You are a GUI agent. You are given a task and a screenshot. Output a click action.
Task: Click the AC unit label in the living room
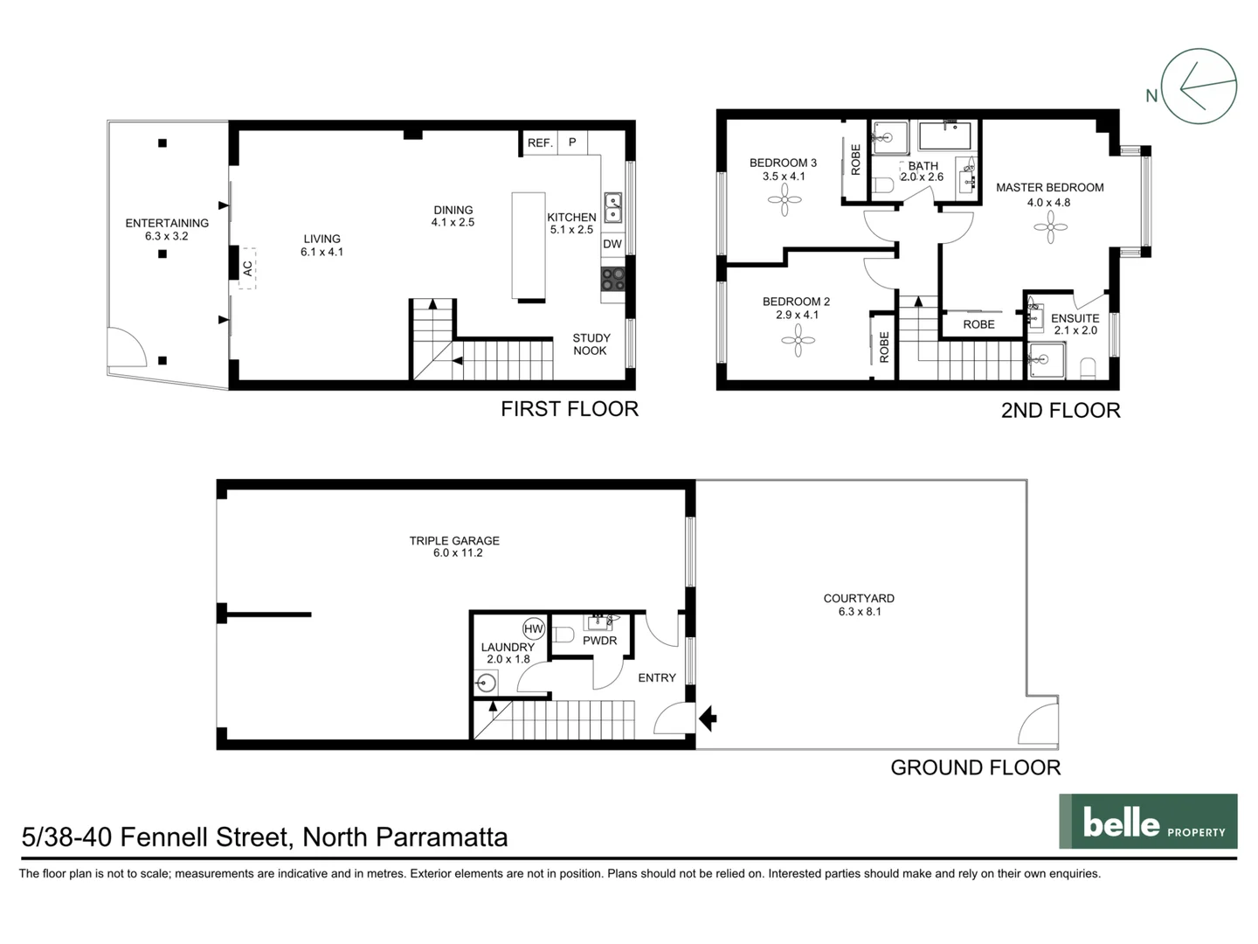pyautogui.click(x=247, y=268)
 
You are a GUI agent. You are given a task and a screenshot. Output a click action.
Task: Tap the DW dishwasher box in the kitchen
pyautogui.click(x=612, y=244)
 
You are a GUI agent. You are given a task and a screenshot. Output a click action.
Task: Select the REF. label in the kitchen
pyautogui.click(x=540, y=142)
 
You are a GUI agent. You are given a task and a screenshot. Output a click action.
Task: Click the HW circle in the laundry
pyautogui.click(x=533, y=628)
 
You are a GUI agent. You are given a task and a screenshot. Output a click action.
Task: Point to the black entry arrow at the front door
pyautogui.click(x=708, y=719)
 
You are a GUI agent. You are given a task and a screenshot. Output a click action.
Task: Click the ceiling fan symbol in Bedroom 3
pyautogui.click(x=785, y=203)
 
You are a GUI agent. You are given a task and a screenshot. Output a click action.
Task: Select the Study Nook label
pyautogui.click(x=591, y=344)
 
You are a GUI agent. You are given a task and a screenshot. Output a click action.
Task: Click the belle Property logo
pyautogui.click(x=1148, y=822)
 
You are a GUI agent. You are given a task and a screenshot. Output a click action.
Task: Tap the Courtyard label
pyautogui.click(x=859, y=599)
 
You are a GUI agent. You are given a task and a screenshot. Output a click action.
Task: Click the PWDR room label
pyautogui.click(x=599, y=641)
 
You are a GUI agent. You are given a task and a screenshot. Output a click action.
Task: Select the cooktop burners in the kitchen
pyautogui.click(x=613, y=279)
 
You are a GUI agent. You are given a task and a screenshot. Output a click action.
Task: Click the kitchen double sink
pyautogui.click(x=613, y=207)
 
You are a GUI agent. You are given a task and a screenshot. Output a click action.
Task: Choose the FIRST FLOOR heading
pyautogui.click(x=569, y=409)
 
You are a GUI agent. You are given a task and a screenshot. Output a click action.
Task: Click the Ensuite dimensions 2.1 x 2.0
pyautogui.click(x=1075, y=330)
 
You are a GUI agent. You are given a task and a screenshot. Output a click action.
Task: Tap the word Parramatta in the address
pyautogui.click(x=441, y=837)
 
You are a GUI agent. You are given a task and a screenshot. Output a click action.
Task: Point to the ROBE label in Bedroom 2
pyautogui.click(x=884, y=347)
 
